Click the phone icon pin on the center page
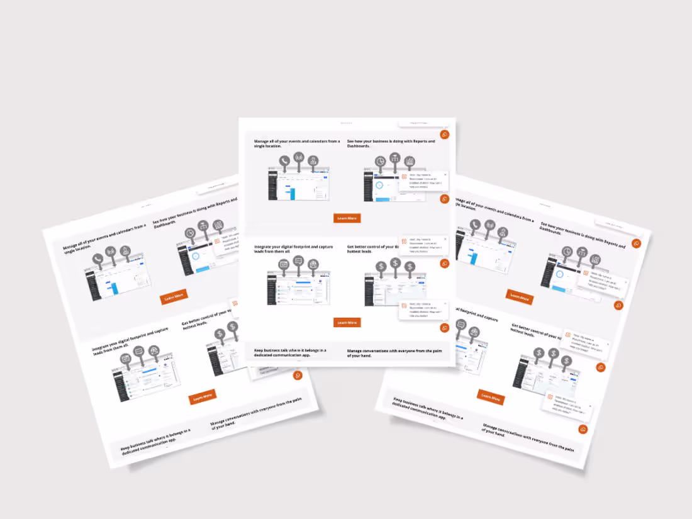coord(284,161)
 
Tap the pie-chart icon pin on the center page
coord(381,162)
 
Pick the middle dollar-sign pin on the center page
coord(395,263)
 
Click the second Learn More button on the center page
coord(347,322)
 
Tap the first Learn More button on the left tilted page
coord(174,297)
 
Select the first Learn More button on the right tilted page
coord(519,296)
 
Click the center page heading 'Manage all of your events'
coord(296,142)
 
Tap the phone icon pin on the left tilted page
coord(98,258)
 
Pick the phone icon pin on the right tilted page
coord(475,225)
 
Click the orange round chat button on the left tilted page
coord(298,376)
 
